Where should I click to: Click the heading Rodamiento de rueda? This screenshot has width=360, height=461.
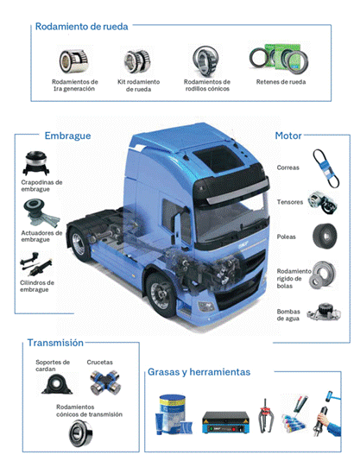pyautogui.click(x=82, y=26)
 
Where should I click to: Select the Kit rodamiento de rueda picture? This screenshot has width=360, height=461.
pyautogui.click(x=138, y=60)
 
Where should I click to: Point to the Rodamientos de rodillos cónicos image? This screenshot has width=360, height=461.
pyautogui.click(x=205, y=60)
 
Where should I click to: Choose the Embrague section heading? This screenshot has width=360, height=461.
pyautogui.click(x=66, y=136)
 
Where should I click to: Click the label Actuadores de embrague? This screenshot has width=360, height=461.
pyautogui.click(x=41, y=236)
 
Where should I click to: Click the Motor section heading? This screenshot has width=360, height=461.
pyautogui.click(x=287, y=136)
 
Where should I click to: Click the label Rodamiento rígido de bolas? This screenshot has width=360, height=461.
pyautogui.click(x=290, y=278)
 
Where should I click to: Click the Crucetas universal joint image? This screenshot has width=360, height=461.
pyautogui.click(x=106, y=382)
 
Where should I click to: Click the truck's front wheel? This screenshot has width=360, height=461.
pyautogui.click(x=162, y=289)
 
